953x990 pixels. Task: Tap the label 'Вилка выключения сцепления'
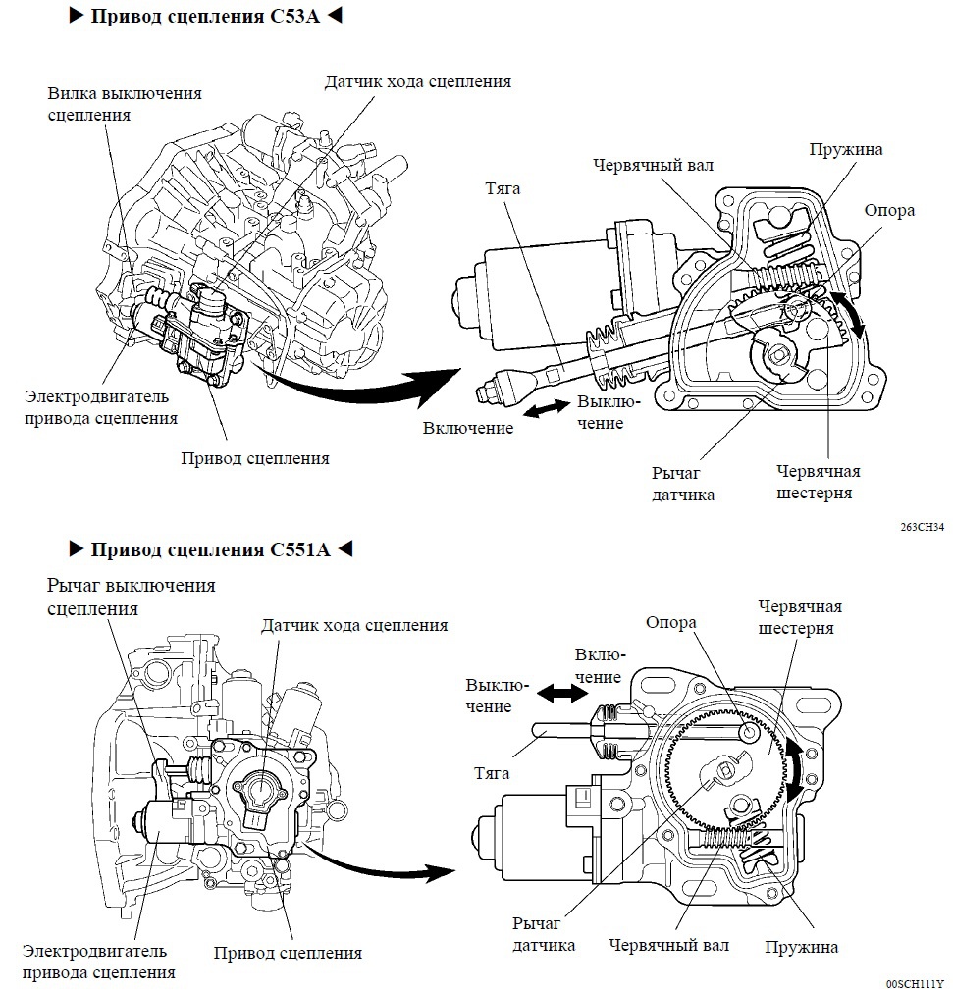[125, 103]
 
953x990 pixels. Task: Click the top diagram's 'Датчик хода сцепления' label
[417, 81]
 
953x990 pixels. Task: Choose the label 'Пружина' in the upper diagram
[845, 149]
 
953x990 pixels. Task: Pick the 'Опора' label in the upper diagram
[889, 210]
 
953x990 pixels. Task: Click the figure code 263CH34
[922, 527]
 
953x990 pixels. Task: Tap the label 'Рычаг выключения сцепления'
[131, 597]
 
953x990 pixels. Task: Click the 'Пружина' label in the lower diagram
[802, 947]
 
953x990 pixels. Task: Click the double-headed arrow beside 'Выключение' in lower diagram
[560, 693]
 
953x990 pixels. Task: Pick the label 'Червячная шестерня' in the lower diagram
[798, 617]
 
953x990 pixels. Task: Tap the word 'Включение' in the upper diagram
[468, 428]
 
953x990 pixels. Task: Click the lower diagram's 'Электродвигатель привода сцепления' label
[94, 962]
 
